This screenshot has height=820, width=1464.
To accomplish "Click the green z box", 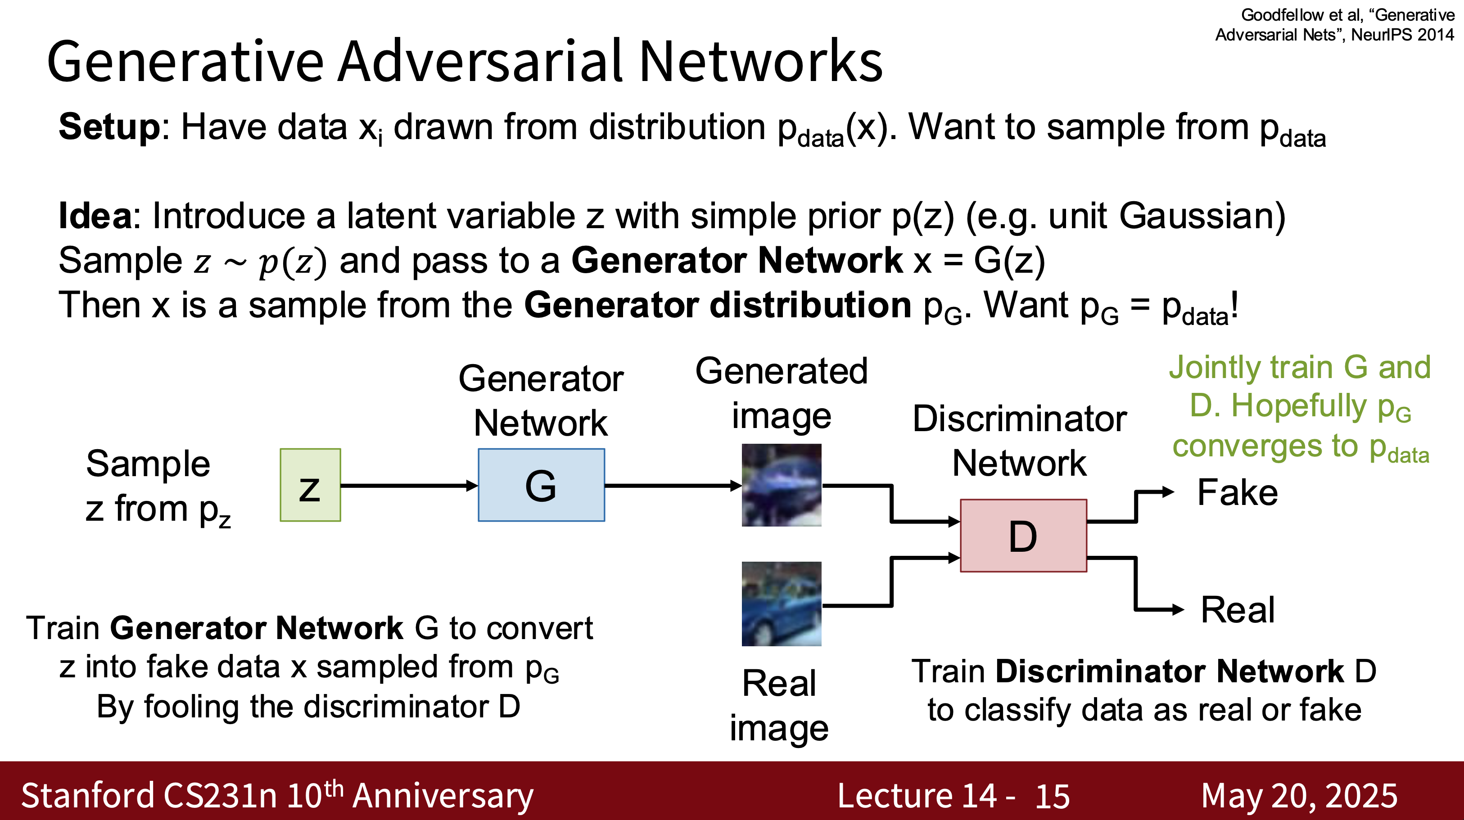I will pos(310,485).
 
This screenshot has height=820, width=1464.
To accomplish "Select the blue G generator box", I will pos(541,485).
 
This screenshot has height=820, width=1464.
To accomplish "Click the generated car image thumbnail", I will pos(782,485).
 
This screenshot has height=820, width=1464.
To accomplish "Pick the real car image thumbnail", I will pos(782,604).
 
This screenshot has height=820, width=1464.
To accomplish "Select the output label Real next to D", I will pos(1237,610).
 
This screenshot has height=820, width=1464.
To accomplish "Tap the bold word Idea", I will pos(95,216).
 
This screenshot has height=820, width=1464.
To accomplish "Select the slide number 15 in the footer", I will pos(1052,796).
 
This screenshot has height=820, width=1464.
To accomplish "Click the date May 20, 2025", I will pos(1299,796).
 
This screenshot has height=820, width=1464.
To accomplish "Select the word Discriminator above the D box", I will pos(1020,419).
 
